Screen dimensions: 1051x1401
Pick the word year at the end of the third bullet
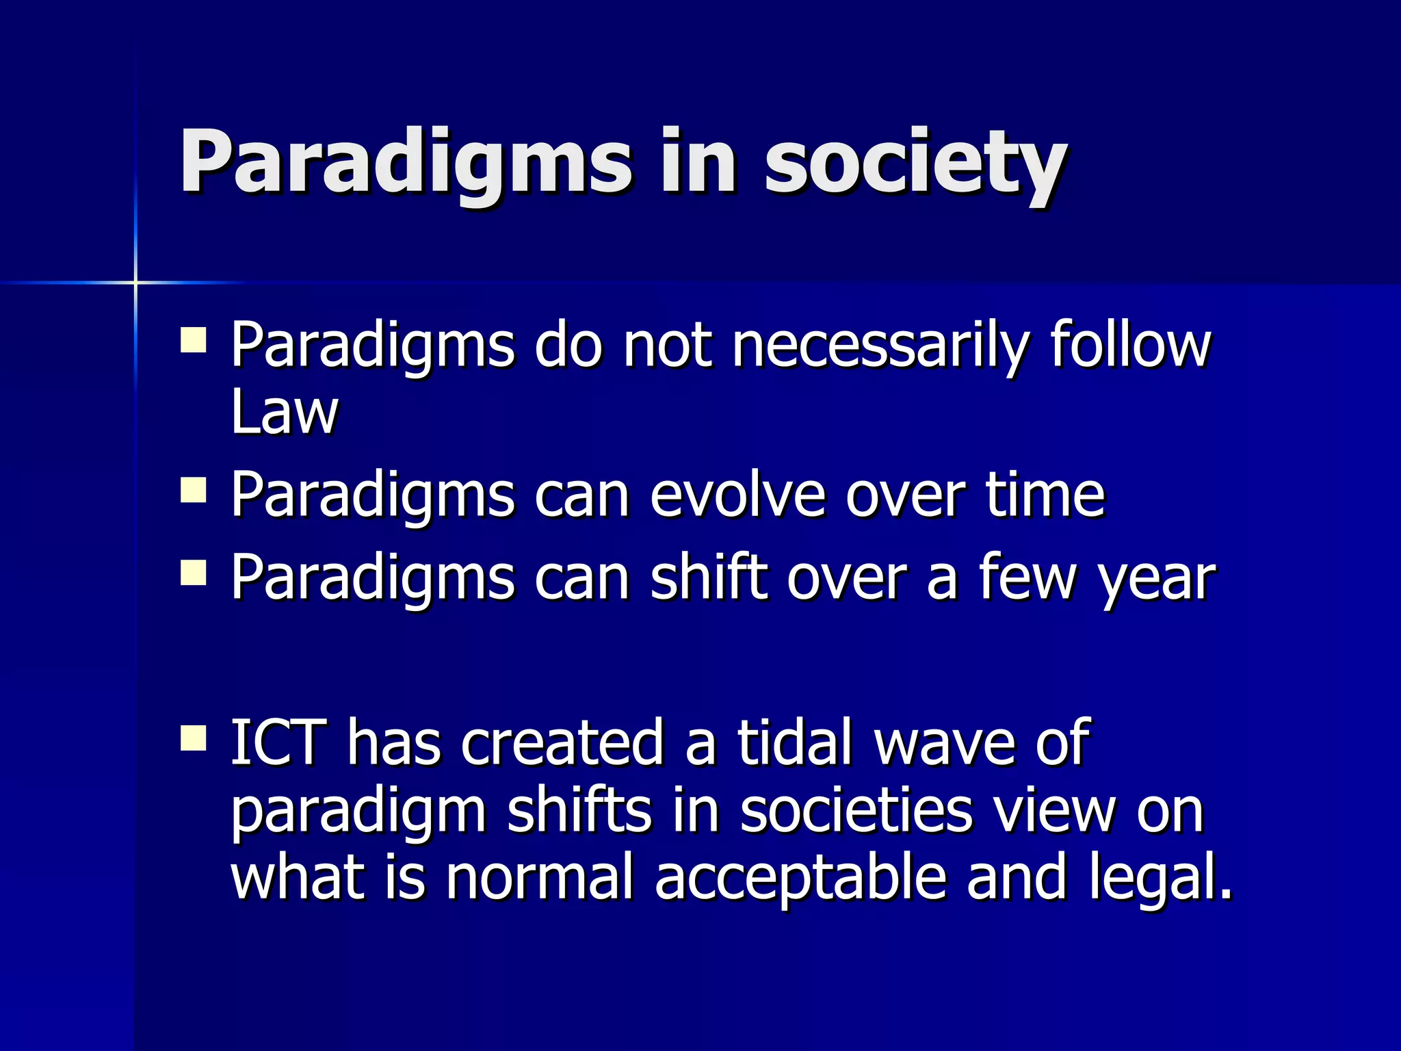pyautogui.click(x=1156, y=578)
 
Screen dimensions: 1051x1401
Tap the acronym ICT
pyautogui.click(x=277, y=742)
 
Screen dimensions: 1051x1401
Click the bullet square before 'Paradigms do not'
pyautogui.click(x=194, y=339)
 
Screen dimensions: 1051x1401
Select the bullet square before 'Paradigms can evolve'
pyautogui.click(x=194, y=491)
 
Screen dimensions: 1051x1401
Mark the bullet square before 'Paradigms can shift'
pyautogui.click(x=194, y=573)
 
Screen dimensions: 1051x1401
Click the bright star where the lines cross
pyautogui.click(x=135, y=282)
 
